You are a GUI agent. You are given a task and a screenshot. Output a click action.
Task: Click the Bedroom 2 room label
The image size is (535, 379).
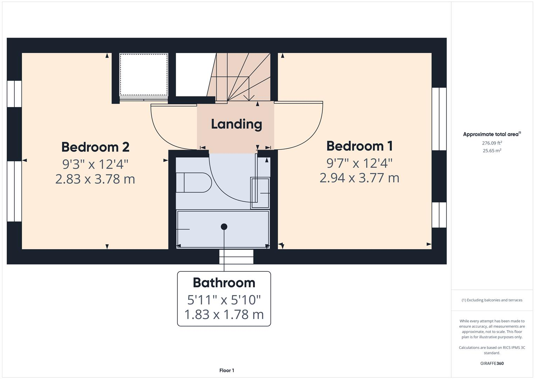95,147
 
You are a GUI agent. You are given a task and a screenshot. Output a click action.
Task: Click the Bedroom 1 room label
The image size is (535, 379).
359,146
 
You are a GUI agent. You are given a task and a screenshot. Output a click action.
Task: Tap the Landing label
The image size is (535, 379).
236,124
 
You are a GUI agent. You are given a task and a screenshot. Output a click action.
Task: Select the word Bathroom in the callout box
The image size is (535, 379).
224,283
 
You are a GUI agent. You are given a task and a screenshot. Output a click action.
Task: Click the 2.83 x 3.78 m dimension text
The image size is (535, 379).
95,179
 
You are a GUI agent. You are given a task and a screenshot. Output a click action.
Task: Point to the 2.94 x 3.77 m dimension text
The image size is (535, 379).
359,178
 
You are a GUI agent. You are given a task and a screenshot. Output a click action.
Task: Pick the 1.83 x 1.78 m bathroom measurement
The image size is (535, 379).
224,314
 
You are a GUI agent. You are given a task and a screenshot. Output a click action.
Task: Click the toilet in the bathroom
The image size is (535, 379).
193,182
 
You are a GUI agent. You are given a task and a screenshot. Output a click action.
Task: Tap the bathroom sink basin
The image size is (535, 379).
260,193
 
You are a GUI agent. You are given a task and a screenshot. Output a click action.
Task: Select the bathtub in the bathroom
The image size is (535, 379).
223,229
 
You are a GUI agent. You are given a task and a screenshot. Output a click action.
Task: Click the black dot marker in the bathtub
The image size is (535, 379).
224,227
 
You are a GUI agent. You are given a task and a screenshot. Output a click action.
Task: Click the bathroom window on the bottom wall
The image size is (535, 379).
236,257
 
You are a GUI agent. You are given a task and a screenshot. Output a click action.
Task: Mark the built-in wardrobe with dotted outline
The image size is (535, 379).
144,74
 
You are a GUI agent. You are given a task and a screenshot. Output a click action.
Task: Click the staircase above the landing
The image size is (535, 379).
242,77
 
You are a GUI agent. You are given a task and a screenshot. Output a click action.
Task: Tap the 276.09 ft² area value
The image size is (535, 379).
492,143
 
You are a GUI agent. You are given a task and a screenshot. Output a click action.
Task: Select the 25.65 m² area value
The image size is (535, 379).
492,151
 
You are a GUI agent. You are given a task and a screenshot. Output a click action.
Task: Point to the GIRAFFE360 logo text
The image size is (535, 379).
492,364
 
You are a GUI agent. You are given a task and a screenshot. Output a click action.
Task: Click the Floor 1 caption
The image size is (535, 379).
227,371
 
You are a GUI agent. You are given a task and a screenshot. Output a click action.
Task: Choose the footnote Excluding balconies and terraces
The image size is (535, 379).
492,300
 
